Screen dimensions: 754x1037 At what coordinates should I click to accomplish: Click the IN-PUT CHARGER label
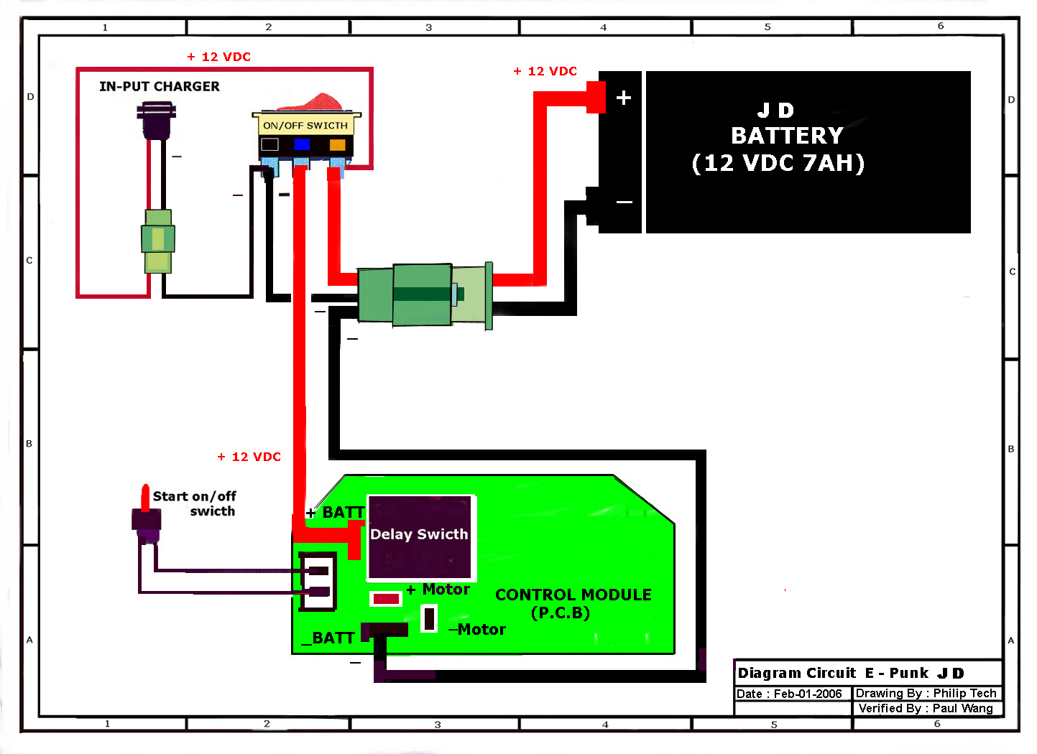[160, 86]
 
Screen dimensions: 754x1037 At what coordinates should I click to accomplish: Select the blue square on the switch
[302, 144]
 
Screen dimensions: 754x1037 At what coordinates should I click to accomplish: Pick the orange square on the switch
[337, 144]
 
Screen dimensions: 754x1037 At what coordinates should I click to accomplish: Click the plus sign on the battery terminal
[624, 98]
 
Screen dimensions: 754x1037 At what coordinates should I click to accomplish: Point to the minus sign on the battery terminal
[624, 202]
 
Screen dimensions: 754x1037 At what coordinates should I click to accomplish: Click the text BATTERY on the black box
[787, 136]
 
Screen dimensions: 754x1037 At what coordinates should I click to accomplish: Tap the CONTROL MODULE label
[573, 595]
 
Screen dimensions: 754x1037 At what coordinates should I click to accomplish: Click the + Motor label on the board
[438, 590]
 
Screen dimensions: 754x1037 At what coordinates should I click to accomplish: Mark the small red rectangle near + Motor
[386, 599]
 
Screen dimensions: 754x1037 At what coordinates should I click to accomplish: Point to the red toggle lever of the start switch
[145, 497]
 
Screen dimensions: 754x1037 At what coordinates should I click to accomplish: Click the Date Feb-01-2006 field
[789, 694]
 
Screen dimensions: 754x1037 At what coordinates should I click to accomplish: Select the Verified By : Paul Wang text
[926, 708]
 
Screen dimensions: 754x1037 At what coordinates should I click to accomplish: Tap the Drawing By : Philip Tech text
[926, 693]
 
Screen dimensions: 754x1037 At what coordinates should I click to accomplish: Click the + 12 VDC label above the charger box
[219, 57]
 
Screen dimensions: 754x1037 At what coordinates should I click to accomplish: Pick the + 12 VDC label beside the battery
[545, 71]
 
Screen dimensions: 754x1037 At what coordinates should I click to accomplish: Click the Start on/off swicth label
[195, 503]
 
